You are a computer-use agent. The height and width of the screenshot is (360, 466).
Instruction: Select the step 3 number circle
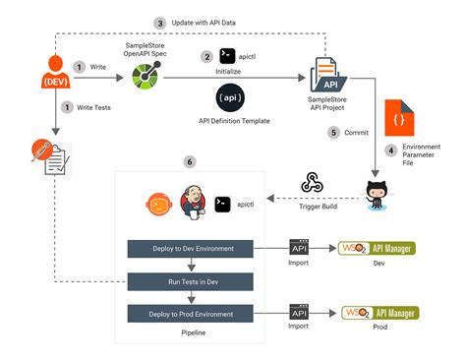160,23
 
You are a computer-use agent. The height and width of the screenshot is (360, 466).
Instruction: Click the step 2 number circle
206,57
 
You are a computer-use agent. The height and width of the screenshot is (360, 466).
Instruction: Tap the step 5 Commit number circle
333,132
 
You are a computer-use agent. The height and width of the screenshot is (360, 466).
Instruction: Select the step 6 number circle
189,161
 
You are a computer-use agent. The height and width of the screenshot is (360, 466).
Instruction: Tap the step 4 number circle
390,150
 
